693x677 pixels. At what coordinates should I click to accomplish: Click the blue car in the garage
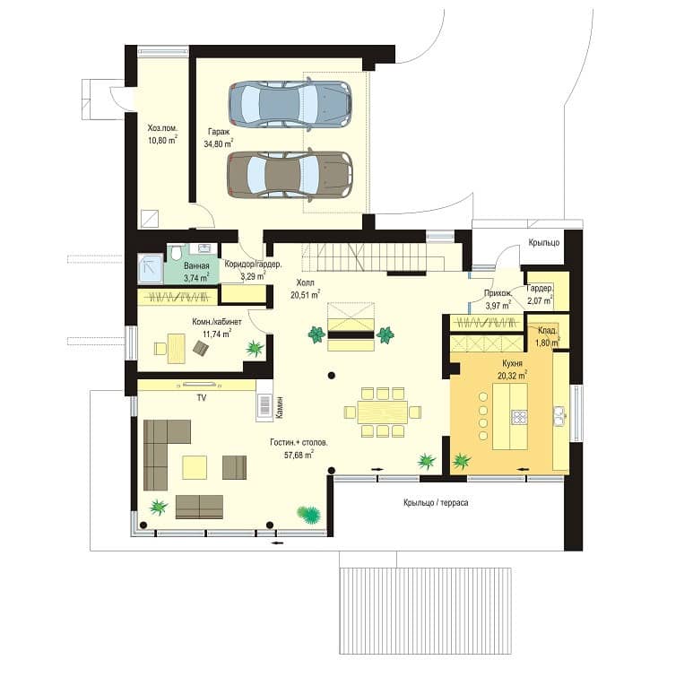[290, 104]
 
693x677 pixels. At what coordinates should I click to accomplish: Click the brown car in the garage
[290, 175]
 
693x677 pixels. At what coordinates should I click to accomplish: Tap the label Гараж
[219, 132]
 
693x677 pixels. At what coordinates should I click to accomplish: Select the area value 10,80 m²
[162, 140]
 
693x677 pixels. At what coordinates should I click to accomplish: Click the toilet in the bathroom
[177, 253]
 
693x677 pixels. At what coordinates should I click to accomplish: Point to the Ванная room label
[196, 265]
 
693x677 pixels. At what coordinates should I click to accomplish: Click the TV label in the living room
[202, 398]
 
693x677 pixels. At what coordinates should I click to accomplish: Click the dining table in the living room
[383, 412]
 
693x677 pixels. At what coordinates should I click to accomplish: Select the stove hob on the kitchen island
[519, 417]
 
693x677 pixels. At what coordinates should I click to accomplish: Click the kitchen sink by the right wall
[560, 416]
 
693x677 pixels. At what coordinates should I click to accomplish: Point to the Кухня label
[512, 363]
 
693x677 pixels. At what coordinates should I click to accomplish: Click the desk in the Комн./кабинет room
[176, 349]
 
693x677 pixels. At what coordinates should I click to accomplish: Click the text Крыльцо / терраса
[436, 502]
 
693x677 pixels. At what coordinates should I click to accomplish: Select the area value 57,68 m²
[299, 454]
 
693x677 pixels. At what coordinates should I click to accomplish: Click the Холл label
[306, 282]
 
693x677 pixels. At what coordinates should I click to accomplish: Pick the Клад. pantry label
[547, 331]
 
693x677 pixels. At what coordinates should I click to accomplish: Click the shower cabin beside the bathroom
[151, 268]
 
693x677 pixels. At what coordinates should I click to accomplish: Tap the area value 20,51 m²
[305, 294]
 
